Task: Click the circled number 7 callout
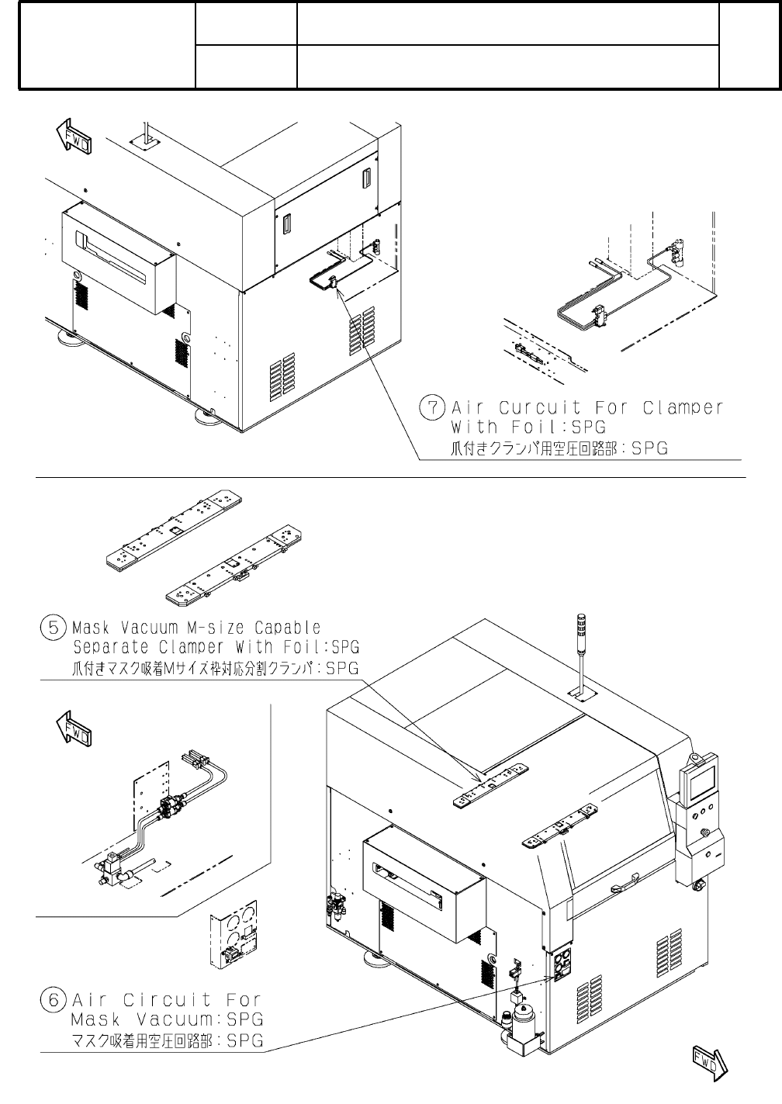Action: point(432,407)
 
